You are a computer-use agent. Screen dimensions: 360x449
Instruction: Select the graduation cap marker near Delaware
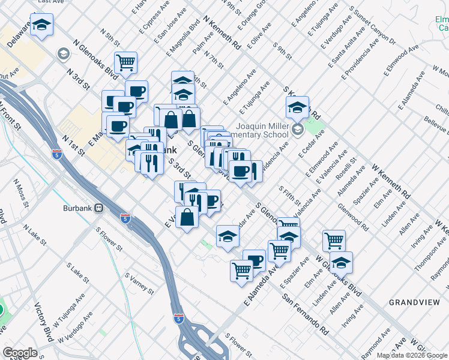pyautogui.click(x=42, y=25)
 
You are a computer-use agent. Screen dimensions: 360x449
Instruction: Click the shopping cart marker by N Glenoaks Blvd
pyautogui.click(x=126, y=62)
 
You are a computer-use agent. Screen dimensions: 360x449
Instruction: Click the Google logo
pyautogui.click(x=20, y=353)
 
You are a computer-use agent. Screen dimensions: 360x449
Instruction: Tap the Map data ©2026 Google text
pyautogui.click(x=411, y=355)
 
